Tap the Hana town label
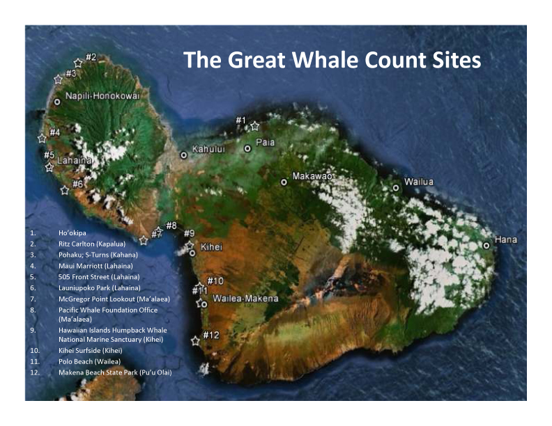[x=506, y=240]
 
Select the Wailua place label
[x=418, y=182]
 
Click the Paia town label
[x=265, y=143]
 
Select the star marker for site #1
[x=255, y=127]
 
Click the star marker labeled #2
[x=78, y=63]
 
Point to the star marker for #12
[x=195, y=341]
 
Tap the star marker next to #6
[x=65, y=190]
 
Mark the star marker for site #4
[x=43, y=139]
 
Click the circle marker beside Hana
[x=486, y=245]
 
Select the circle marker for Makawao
[x=284, y=182]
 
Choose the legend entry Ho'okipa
[x=71, y=232]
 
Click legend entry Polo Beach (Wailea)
[x=89, y=361]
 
